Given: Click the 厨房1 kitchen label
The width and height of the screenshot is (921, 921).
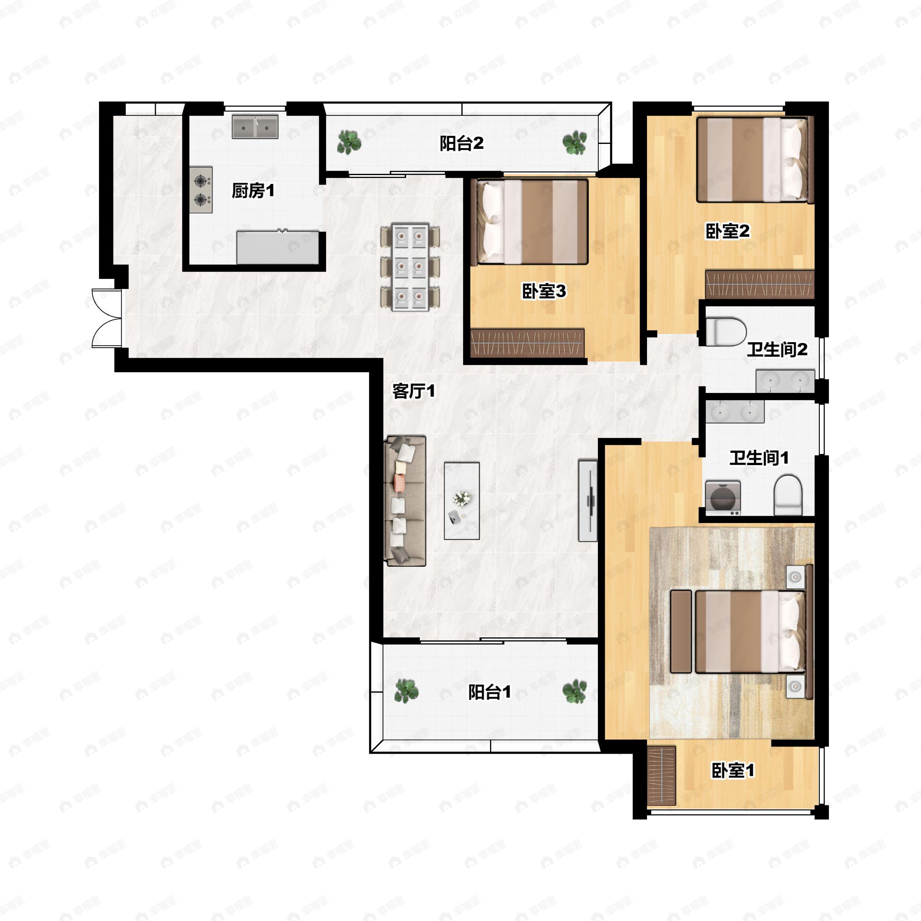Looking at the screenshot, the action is pos(253,191).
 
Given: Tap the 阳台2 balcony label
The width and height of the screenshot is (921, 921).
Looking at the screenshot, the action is pos(461,143).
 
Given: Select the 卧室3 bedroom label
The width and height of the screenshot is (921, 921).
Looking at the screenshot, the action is pos(544,291).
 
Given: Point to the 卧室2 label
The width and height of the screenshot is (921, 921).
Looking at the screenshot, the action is pos(728,231).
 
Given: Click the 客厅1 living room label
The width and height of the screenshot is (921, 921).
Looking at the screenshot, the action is pos(414,391).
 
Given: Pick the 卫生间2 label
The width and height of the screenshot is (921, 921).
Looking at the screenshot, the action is pos(777,350).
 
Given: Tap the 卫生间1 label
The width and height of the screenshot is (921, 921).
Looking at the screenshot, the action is pos(759,458).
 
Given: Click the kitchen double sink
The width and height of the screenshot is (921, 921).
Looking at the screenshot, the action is pos(255,126).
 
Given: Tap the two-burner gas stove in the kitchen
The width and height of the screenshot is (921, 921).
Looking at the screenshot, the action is pos(201,189).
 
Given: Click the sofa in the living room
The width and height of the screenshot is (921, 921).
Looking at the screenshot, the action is pos(405,500).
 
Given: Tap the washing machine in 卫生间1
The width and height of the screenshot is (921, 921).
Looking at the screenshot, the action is pos(723,498).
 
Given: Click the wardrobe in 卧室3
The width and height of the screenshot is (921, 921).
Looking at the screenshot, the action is pos(527,343).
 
